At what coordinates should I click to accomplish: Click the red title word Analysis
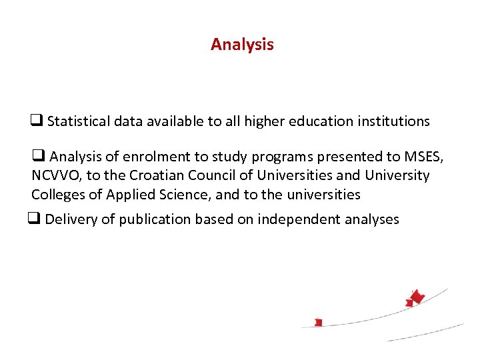(242, 45)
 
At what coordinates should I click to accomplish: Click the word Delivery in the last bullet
(70, 219)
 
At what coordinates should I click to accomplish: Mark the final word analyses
(369, 219)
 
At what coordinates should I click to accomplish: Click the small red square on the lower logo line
(319, 323)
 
